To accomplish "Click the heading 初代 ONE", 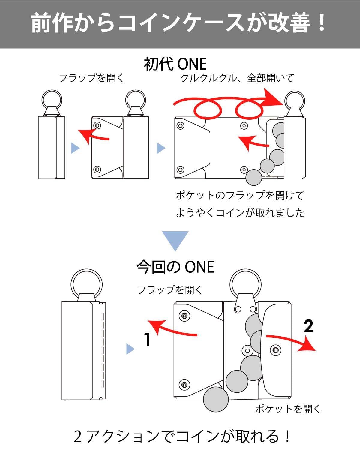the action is click(x=175, y=64).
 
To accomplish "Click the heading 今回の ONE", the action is click(x=175, y=267).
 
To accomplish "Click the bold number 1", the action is click(x=148, y=340).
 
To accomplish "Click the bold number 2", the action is click(x=308, y=326).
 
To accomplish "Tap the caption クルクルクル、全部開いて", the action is click(x=237, y=78).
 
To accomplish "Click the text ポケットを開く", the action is click(x=288, y=409).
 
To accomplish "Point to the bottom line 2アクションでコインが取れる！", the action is click(x=182, y=436).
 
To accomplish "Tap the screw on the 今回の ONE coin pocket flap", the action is click(x=275, y=350).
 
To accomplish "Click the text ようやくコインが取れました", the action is click(x=240, y=213).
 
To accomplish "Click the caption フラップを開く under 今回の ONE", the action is click(x=170, y=290).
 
